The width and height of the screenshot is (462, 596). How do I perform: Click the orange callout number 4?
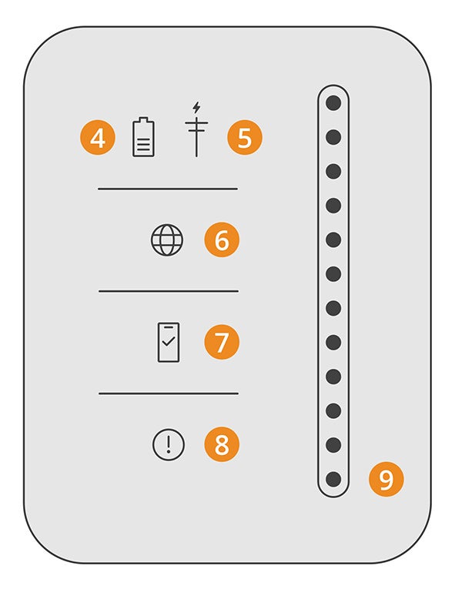(x=98, y=138)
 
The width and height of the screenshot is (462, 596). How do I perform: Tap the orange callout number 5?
(x=245, y=138)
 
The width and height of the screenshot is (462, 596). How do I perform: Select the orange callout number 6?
(x=222, y=239)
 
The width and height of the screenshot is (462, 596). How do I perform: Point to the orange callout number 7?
(x=222, y=342)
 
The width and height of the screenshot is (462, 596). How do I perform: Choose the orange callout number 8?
(x=222, y=444)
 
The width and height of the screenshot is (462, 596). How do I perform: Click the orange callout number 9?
(x=386, y=479)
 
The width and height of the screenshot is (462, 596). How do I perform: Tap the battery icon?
(x=143, y=137)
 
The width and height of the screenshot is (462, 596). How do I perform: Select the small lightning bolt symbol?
(x=196, y=107)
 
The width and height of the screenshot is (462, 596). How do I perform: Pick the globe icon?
(x=167, y=239)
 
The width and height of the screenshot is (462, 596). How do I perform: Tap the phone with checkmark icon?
(x=169, y=342)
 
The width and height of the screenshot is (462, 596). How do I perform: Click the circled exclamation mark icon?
(x=169, y=444)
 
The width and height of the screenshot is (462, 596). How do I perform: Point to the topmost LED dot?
(x=333, y=102)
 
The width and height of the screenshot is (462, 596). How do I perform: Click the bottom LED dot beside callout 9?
(x=333, y=479)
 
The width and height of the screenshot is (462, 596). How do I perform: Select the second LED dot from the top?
(x=333, y=137)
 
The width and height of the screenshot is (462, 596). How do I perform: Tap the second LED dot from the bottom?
(x=333, y=445)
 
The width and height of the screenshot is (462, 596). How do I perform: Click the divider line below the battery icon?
(x=168, y=189)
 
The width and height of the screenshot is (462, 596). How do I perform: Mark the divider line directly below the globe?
(x=169, y=291)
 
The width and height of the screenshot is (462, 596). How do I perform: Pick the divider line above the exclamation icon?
(x=169, y=393)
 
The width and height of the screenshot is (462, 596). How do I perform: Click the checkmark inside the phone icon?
(x=169, y=341)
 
